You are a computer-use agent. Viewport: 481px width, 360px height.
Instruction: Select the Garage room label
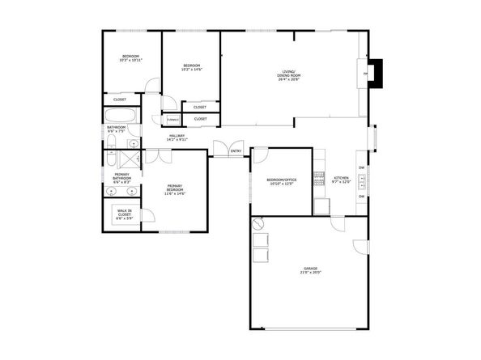[x=311, y=268]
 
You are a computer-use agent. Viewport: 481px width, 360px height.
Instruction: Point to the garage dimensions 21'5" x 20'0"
[x=311, y=273]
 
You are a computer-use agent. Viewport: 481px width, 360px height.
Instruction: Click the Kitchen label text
[x=342, y=177]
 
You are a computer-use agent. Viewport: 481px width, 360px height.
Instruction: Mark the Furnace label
[x=172, y=121]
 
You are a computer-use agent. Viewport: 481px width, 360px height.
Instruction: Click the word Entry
[x=236, y=151]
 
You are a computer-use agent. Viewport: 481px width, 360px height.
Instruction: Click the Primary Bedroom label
[x=174, y=188]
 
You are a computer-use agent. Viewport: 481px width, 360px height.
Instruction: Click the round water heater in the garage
[x=259, y=222]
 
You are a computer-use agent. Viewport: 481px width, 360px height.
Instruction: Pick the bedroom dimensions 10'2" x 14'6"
[x=191, y=69]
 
